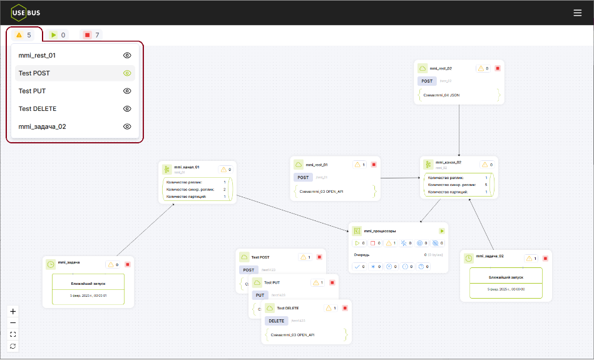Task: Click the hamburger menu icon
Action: pyautogui.click(x=577, y=13)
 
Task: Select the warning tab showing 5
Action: pyautogui.click(x=24, y=35)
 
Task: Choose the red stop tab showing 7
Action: pyautogui.click(x=92, y=35)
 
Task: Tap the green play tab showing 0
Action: pyautogui.click(x=58, y=35)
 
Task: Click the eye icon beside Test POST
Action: pyautogui.click(x=127, y=73)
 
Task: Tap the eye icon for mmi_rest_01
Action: pyautogui.click(x=127, y=55)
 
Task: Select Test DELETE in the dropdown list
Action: pyautogui.click(x=38, y=109)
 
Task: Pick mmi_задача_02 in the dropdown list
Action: pyautogui.click(x=43, y=126)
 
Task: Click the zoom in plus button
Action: pyautogui.click(x=13, y=311)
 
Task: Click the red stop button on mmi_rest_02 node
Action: pyautogui.click(x=498, y=68)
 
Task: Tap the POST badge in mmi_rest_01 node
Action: pyautogui.click(x=304, y=178)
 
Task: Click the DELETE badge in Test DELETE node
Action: pyautogui.click(x=276, y=321)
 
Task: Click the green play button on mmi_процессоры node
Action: pyautogui.click(x=442, y=231)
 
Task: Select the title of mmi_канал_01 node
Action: pyautogui.click(x=187, y=167)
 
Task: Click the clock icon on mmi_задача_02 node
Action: pyautogui.click(x=468, y=258)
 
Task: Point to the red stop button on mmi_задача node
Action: pyautogui.click(x=127, y=265)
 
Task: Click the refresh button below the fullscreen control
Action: pyautogui.click(x=13, y=346)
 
